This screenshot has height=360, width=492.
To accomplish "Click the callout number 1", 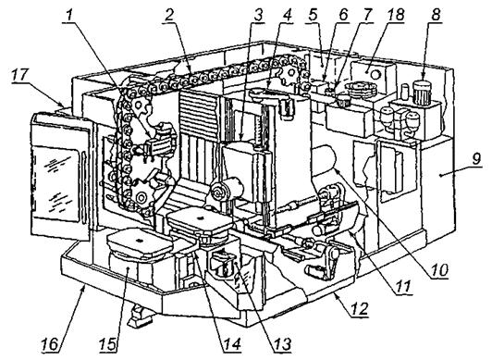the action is pos(71,15).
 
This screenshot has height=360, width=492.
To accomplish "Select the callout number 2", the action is pos(170,15).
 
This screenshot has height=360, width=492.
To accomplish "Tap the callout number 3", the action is pos(258,15).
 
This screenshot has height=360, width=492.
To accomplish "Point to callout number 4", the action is pos(287,15).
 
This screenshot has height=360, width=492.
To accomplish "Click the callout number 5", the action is pos(313,15).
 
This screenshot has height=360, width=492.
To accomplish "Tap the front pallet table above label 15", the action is pos(140,242).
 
